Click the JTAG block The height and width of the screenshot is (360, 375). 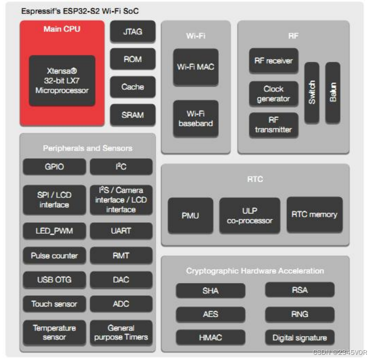click(x=132, y=32)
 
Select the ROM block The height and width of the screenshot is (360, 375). click(x=132, y=59)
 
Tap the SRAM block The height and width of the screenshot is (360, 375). click(x=132, y=114)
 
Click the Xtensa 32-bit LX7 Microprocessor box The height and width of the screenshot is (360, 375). click(x=62, y=81)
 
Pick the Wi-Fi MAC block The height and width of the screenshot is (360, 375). click(x=195, y=67)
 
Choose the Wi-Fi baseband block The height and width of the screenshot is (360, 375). click(x=195, y=118)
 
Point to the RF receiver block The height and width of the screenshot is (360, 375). click(x=273, y=61)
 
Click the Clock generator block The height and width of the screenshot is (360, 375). click(x=273, y=94)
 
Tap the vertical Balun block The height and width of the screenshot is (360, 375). click(x=333, y=92)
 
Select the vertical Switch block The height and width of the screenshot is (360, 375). click(x=312, y=92)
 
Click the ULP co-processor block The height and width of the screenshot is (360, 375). click(x=249, y=215)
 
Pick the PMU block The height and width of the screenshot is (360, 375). click(x=190, y=215)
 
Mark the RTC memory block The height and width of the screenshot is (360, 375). click(x=314, y=214)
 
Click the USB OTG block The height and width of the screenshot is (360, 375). click(x=54, y=280)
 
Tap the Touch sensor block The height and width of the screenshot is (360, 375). click(x=54, y=304)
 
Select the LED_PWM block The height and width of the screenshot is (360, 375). click(x=54, y=231)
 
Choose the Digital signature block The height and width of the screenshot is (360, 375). click(x=300, y=338)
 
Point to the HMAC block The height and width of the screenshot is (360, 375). click(x=210, y=338)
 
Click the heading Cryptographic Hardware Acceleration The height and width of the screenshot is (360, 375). click(x=255, y=271)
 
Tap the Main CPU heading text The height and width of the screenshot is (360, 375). click(x=62, y=29)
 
